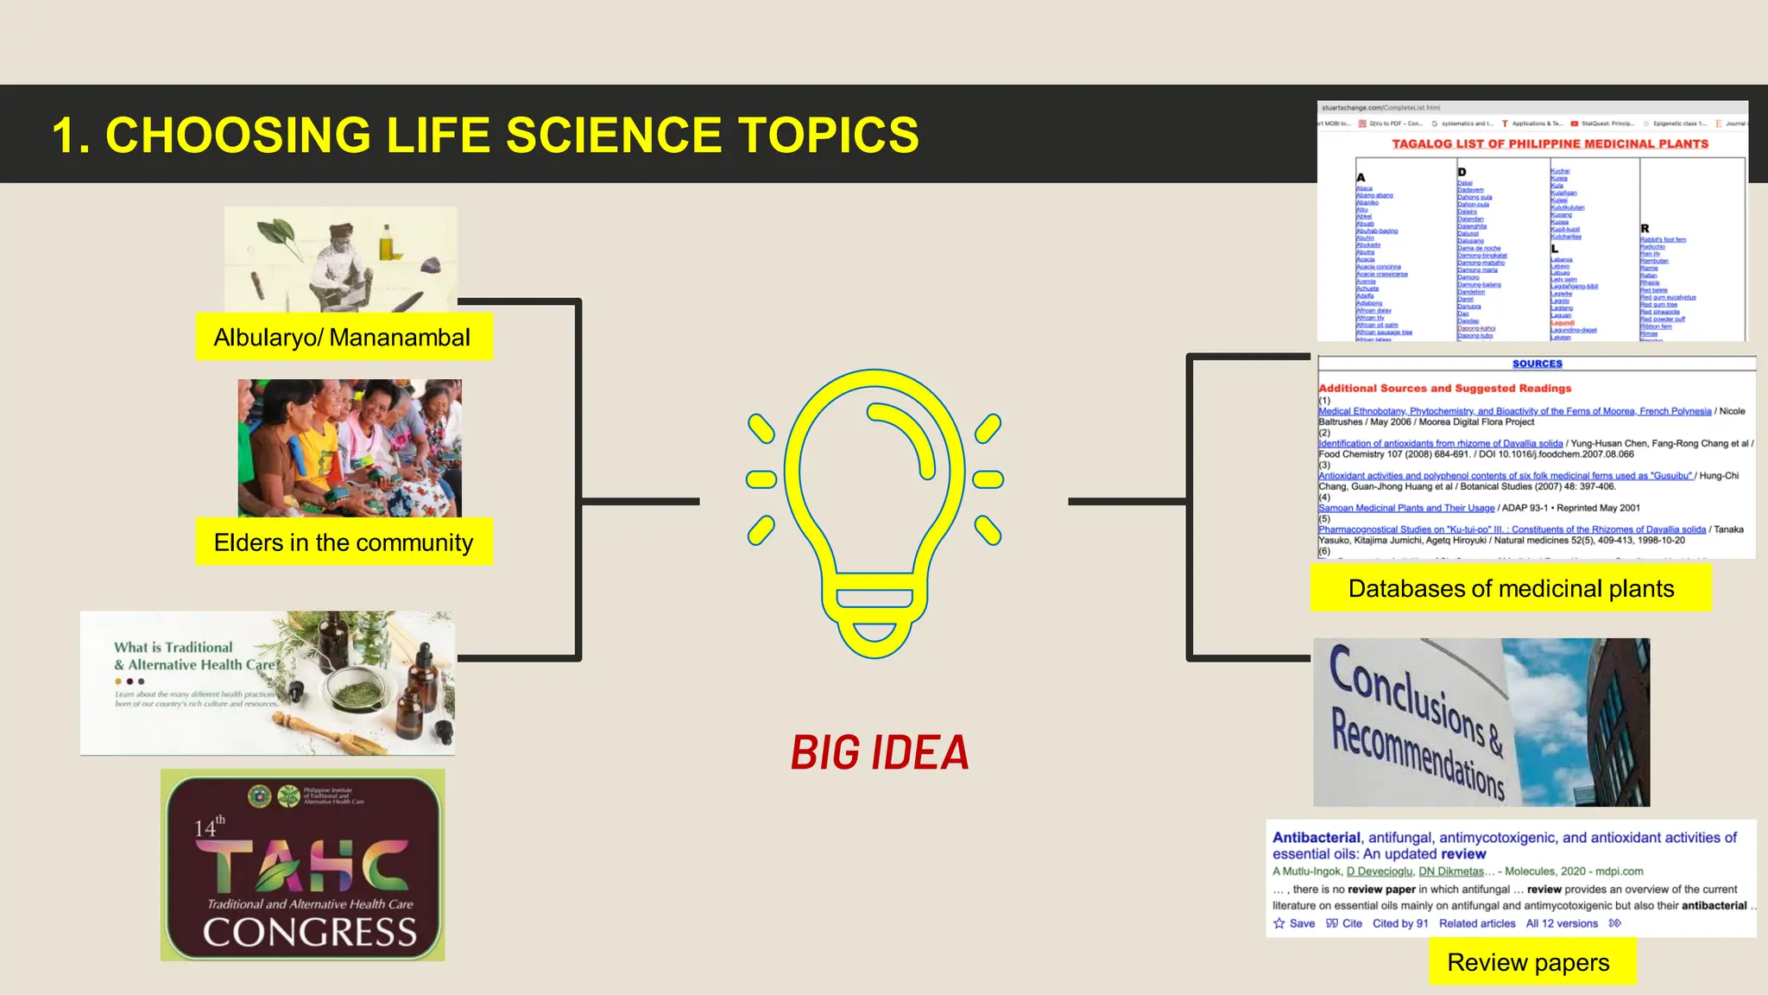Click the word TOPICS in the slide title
(x=828, y=136)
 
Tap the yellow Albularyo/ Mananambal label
(x=343, y=337)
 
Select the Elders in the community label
(x=344, y=542)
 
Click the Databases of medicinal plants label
(x=1510, y=588)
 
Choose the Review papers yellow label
(x=1528, y=962)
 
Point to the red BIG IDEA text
(x=880, y=753)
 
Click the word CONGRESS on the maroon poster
(x=309, y=933)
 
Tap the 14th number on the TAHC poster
(x=208, y=827)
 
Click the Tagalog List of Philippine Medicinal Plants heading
(x=1550, y=144)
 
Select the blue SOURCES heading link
(x=1537, y=364)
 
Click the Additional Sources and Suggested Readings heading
(x=1445, y=389)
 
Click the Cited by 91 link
(x=1400, y=923)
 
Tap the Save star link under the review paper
(x=1294, y=923)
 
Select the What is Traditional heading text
(x=174, y=647)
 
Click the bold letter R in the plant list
(x=1645, y=229)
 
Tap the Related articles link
(x=1476, y=923)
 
